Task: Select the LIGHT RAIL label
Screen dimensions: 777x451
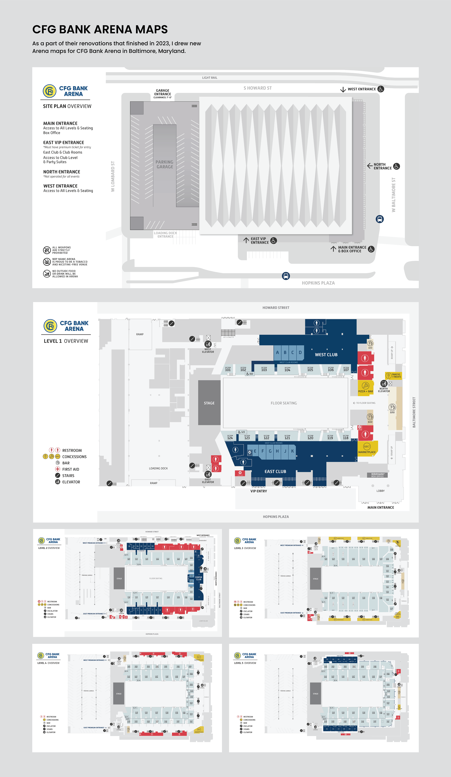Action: coord(210,78)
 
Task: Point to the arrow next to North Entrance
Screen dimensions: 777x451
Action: coord(369,166)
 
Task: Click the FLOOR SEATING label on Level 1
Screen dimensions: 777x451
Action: coord(284,403)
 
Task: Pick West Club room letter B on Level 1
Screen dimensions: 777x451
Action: coord(285,352)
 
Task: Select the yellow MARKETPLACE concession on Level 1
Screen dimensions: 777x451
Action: coord(367,449)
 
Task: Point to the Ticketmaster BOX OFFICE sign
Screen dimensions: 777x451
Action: coord(377,475)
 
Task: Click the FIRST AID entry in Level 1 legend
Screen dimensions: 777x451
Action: coord(71,469)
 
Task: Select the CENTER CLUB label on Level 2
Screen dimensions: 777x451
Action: coord(198,578)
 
